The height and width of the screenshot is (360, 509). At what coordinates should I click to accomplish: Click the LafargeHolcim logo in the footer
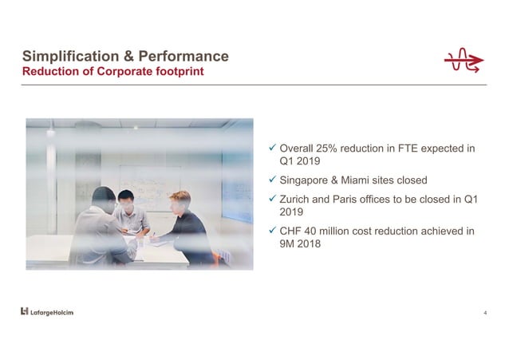(x=46, y=311)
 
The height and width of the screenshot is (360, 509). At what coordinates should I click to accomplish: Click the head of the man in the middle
(x=124, y=196)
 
